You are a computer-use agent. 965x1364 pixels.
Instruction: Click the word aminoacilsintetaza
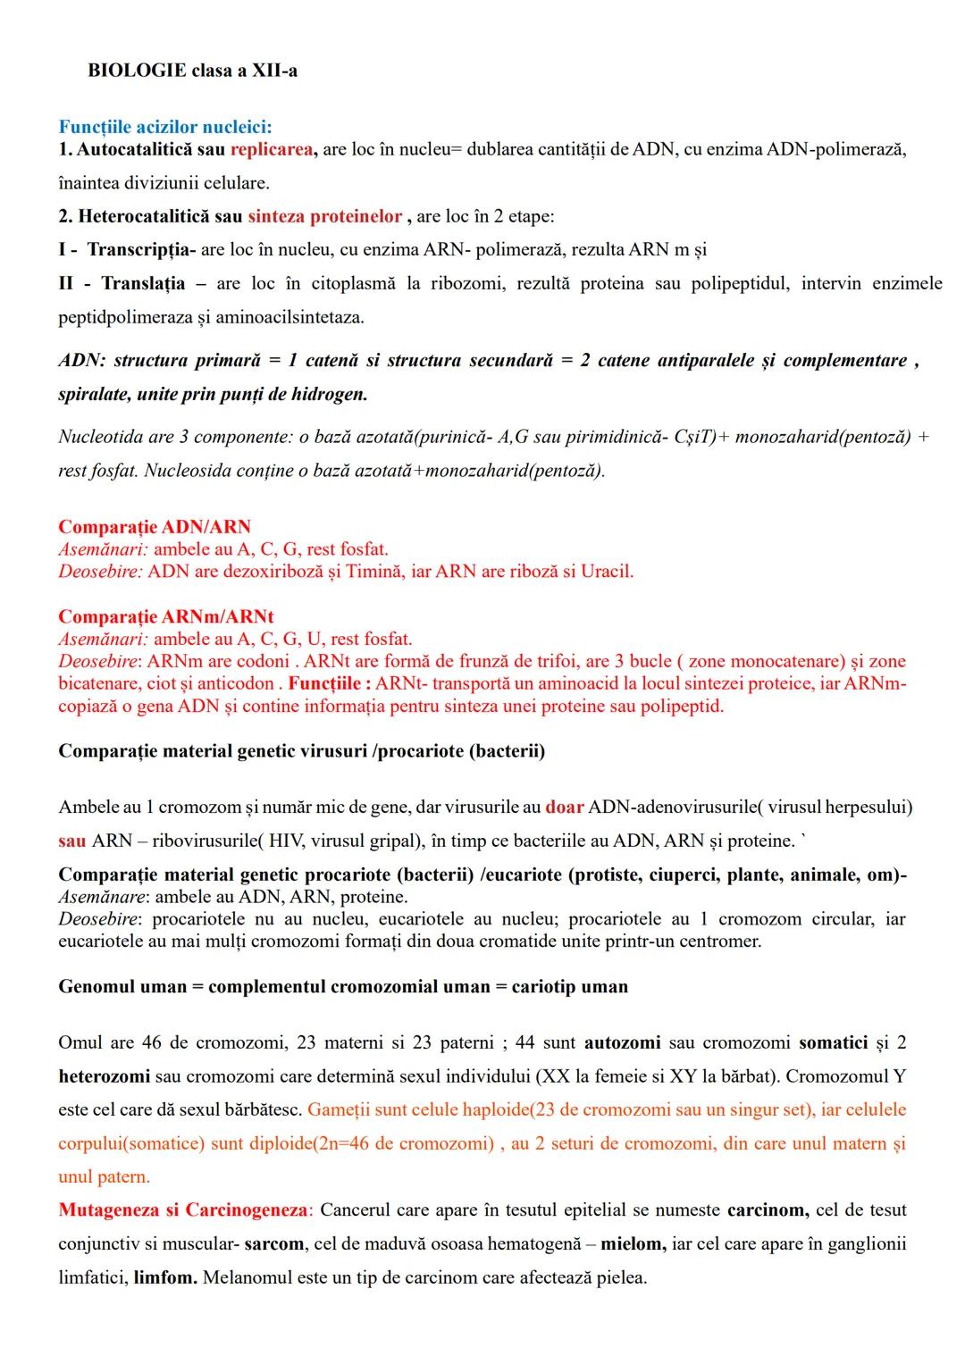click(x=291, y=317)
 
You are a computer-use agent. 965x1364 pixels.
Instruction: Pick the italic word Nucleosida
click(x=186, y=471)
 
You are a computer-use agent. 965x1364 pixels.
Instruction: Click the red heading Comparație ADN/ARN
click(x=155, y=527)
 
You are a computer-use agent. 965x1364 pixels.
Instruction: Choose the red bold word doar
click(x=565, y=807)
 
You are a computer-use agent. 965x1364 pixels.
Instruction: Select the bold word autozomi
click(x=622, y=1042)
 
